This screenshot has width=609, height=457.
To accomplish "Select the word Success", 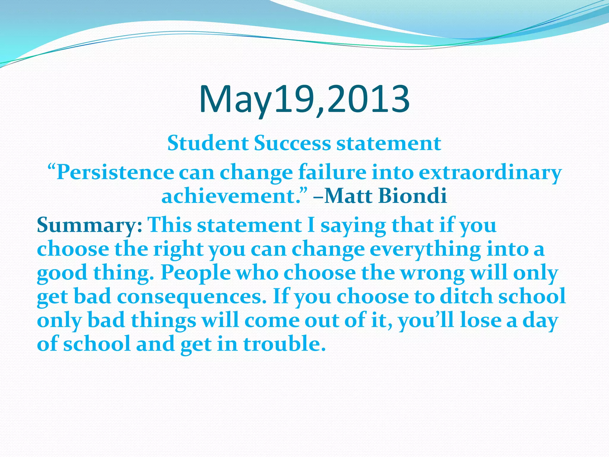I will [x=292, y=143].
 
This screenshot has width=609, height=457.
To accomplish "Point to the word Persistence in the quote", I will [x=115, y=173].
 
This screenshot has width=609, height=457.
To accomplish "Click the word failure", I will [x=332, y=173].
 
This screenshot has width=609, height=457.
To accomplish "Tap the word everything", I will [x=425, y=249].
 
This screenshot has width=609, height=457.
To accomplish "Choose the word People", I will [x=196, y=273].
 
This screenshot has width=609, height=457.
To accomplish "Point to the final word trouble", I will [x=285, y=344].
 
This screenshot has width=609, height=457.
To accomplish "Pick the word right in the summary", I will [x=178, y=249].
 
